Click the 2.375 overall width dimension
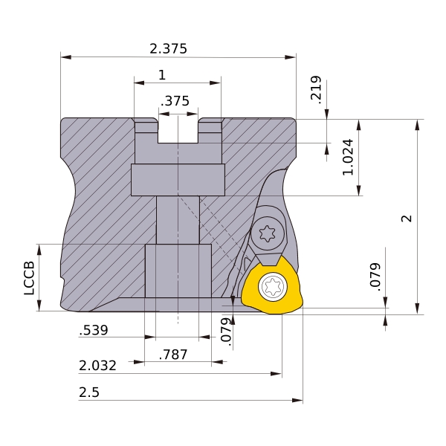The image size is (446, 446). tap(168, 48)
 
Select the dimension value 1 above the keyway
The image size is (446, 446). tap(161, 74)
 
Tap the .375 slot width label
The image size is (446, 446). tap(175, 101)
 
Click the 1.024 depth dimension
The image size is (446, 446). tap(347, 158)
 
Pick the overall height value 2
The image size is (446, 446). tap(406, 219)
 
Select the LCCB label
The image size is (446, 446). tap(29, 278)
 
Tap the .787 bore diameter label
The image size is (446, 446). tap(174, 355)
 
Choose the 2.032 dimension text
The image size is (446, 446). tap(97, 366)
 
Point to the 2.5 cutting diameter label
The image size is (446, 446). tap(88, 392)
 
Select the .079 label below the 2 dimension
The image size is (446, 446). tap(375, 276)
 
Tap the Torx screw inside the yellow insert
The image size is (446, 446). tap(272, 286)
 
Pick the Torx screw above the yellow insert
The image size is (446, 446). tap(268, 234)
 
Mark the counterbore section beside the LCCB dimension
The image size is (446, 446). tap(178, 271)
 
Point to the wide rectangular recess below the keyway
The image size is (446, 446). tap(178, 179)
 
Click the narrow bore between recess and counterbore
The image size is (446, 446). tap(178, 219)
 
